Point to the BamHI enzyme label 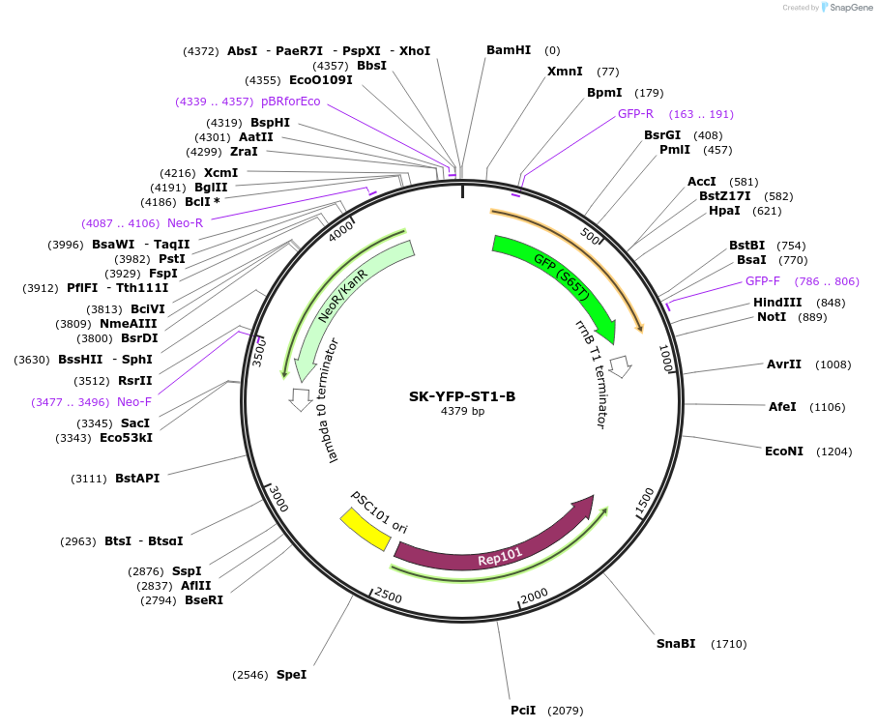pos(509,50)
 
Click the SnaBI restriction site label pos(676,644)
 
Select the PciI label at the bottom pos(523,711)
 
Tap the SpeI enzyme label pos(291,674)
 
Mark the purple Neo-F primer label pos(134,402)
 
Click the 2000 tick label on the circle pos(535,597)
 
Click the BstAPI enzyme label pos(137,479)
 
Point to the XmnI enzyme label pos(565,72)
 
